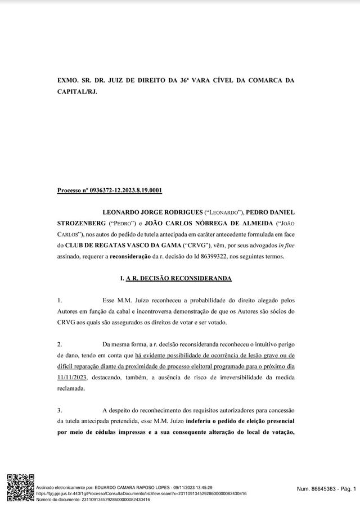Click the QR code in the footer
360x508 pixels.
click(21, 488)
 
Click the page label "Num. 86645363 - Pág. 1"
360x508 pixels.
click(326, 490)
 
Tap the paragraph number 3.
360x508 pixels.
click(60, 410)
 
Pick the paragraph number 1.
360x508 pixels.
click(60, 300)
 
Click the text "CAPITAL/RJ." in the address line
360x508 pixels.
click(77, 90)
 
